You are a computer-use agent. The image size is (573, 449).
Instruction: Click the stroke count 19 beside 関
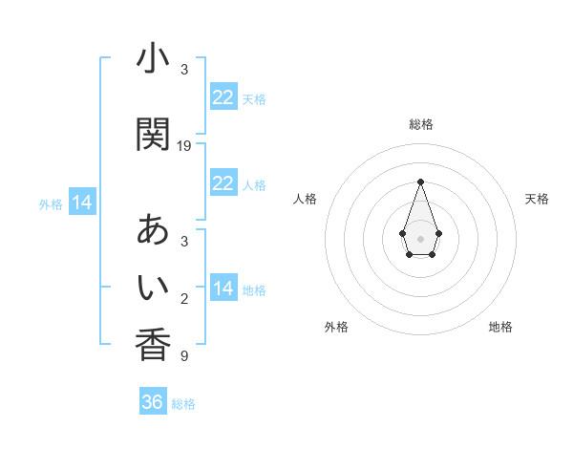pyautogui.click(x=184, y=146)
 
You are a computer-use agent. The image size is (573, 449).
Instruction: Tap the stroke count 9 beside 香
pyautogui.click(x=184, y=356)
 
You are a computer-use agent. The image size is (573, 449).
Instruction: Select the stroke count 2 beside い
pyautogui.click(x=184, y=300)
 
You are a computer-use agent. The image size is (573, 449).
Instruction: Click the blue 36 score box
pyautogui.click(x=153, y=402)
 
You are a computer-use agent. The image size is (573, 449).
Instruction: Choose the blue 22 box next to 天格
pyautogui.click(x=223, y=97)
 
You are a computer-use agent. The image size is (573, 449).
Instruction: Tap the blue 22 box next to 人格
pyautogui.click(x=223, y=183)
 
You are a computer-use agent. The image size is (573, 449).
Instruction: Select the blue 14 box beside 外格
pyautogui.click(x=81, y=203)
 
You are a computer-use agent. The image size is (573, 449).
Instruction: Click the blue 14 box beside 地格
pyautogui.click(x=223, y=289)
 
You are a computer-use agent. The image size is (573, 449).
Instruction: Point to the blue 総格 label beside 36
pyautogui.click(x=183, y=404)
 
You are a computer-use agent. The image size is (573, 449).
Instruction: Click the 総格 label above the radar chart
pyautogui.click(x=421, y=124)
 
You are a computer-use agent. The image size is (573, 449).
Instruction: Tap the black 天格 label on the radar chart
pyautogui.click(x=537, y=199)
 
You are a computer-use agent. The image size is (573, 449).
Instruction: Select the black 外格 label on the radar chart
pyautogui.click(x=336, y=327)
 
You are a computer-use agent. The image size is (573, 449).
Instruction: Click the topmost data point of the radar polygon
pyautogui.click(x=420, y=181)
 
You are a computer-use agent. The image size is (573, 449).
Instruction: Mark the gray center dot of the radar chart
pyautogui.click(x=420, y=237)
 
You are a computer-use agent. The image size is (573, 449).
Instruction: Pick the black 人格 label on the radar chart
pyautogui.click(x=306, y=199)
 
